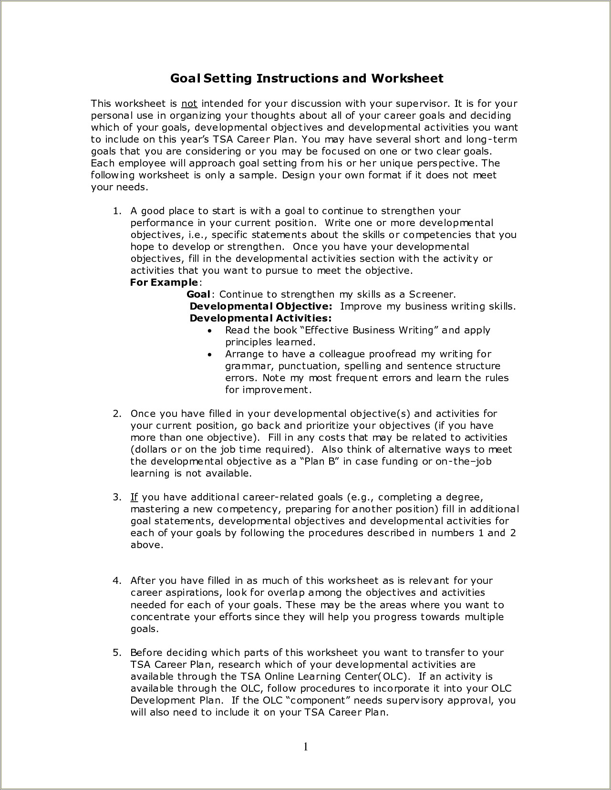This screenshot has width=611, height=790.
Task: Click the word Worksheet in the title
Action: point(407,79)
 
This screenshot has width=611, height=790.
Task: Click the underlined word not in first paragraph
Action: point(189,104)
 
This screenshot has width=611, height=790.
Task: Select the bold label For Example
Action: point(164,282)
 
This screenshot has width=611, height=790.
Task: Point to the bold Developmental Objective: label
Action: point(261,306)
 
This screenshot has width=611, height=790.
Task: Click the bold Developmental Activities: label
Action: point(260,318)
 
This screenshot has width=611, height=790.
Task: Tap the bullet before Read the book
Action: point(210,331)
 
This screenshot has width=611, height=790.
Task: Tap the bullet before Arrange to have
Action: point(210,355)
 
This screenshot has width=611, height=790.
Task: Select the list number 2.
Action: point(117,414)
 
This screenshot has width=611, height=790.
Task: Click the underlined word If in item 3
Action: point(134,497)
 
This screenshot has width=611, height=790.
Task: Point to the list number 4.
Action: point(117,581)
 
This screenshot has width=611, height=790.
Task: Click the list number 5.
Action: point(117,653)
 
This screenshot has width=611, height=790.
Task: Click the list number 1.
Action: point(117,211)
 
